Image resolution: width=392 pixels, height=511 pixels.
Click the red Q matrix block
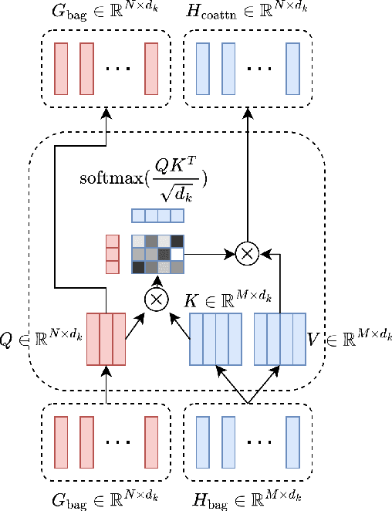tap(106, 338)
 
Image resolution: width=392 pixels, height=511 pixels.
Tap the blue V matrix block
tap(281, 338)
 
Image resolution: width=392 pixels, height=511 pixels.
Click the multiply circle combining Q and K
tap(157, 299)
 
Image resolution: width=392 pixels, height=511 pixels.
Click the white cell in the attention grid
tap(177, 253)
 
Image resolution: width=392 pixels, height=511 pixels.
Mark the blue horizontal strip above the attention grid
tap(157, 216)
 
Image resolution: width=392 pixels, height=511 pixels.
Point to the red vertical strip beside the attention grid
tap(113, 254)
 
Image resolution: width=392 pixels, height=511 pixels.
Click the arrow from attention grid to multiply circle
tap(209, 253)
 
